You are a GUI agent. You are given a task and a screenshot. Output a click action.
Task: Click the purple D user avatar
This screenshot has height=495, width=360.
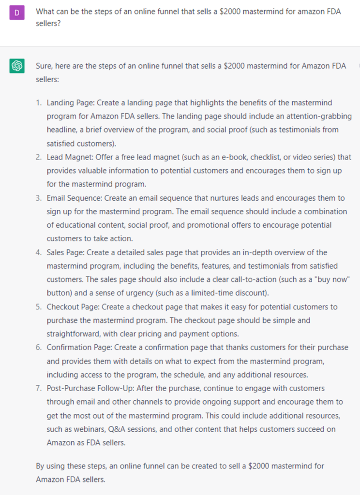tap(17, 13)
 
